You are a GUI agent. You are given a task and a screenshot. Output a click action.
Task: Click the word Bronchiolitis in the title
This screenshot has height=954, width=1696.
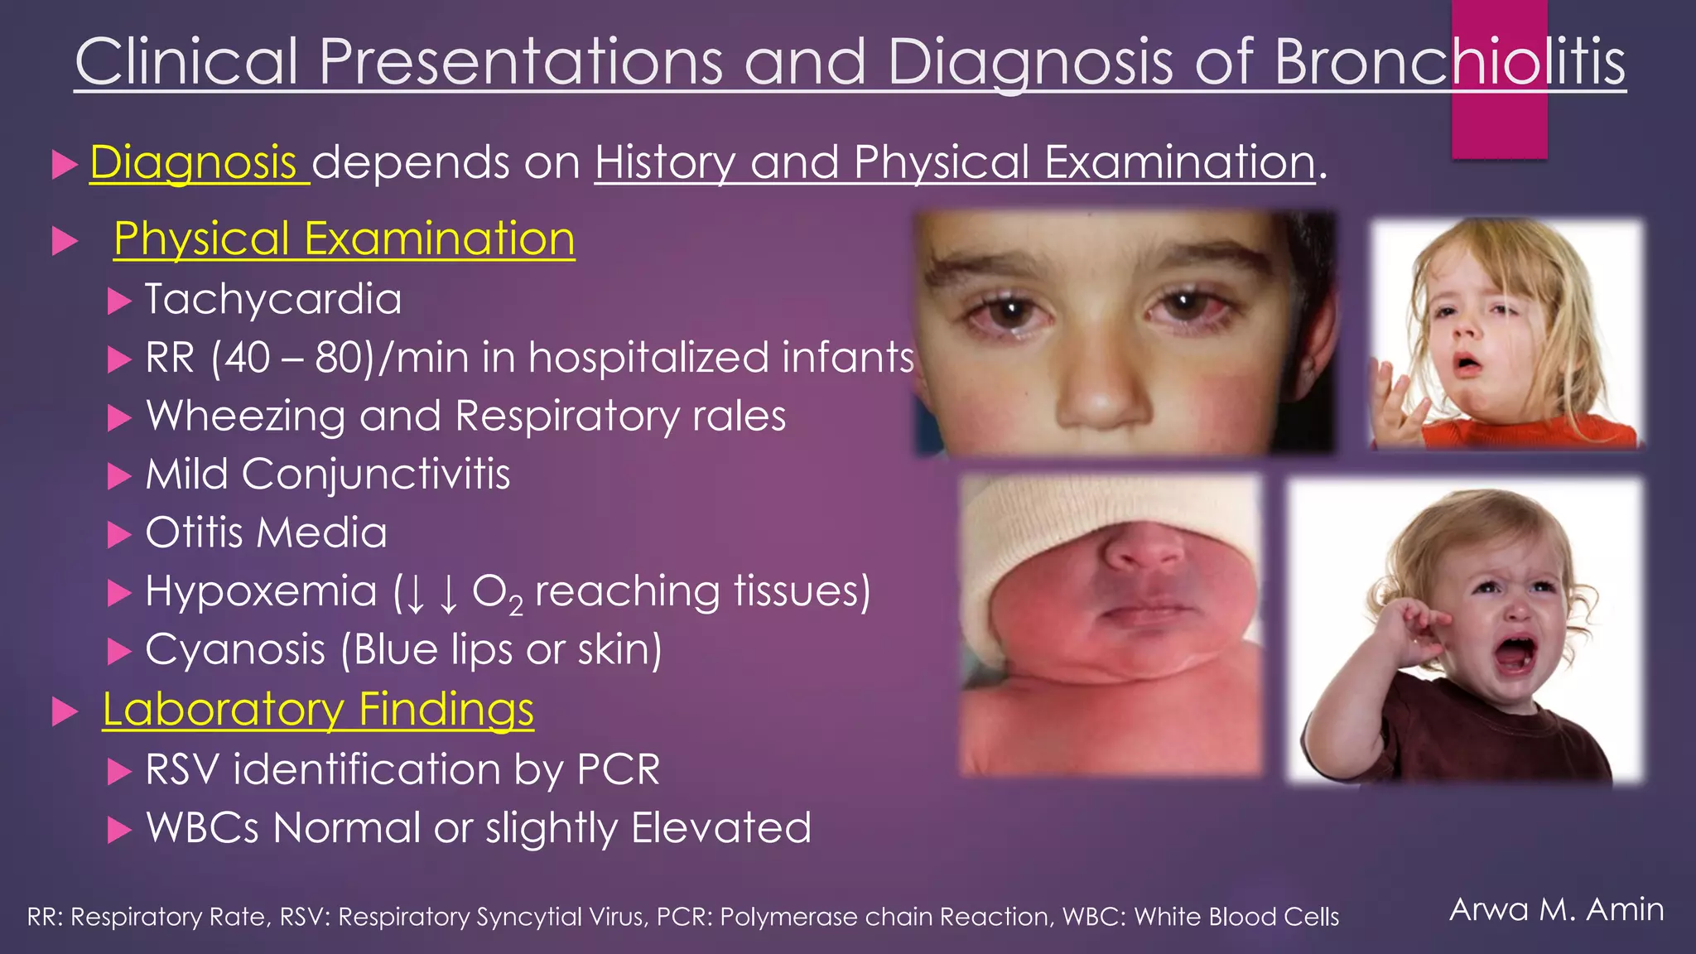(1449, 62)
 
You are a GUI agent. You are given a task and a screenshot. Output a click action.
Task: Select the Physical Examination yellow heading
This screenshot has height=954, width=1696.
(344, 239)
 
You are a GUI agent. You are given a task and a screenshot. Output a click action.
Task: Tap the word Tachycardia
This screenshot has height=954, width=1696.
(273, 299)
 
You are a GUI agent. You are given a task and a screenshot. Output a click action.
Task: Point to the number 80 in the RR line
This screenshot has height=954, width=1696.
(338, 358)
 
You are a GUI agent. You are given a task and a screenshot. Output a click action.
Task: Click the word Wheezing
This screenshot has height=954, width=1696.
(245, 417)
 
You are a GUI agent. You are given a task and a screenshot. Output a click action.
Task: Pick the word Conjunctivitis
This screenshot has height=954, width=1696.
(375, 475)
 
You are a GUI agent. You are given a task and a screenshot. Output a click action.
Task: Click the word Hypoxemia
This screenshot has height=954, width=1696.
(261, 591)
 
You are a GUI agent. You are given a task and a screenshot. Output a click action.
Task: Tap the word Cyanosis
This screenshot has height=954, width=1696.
(235, 650)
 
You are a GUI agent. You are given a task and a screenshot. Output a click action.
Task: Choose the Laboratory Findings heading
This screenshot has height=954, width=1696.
(318, 710)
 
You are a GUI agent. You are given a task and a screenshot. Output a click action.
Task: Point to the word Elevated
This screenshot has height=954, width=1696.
(721, 828)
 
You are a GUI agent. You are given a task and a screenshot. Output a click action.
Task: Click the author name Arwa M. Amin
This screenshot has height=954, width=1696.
(1556, 909)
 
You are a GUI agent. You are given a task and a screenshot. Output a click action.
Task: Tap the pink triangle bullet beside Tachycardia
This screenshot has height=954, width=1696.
(119, 301)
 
